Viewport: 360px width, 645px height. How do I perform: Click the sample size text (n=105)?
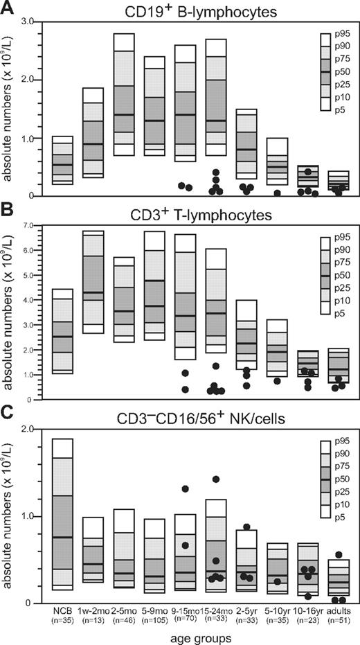click(x=153, y=621)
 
